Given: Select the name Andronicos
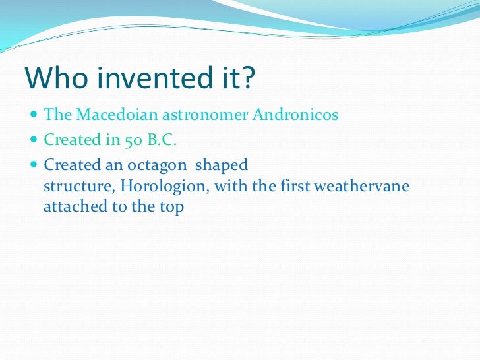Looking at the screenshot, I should click(x=295, y=115).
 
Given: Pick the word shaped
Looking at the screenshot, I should click(x=222, y=165).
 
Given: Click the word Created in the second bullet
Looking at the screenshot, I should click(x=68, y=140).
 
